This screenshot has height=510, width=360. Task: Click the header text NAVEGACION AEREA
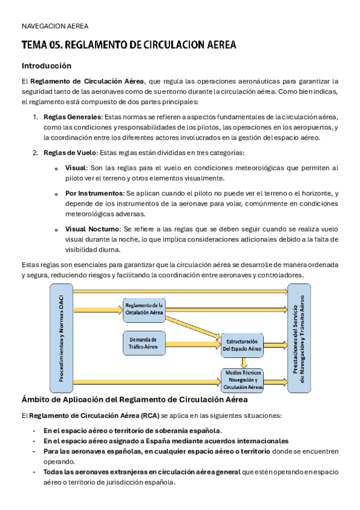(55, 26)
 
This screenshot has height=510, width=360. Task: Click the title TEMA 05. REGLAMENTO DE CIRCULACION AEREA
(129, 45)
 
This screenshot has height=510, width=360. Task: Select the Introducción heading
(46, 66)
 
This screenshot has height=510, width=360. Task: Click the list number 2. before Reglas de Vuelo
(35, 153)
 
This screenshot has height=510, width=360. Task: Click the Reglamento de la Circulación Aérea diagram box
(144, 309)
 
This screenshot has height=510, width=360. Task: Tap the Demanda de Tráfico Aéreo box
(144, 343)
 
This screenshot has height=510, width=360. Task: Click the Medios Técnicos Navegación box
(243, 380)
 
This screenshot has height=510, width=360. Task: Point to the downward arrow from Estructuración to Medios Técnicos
(243, 362)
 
